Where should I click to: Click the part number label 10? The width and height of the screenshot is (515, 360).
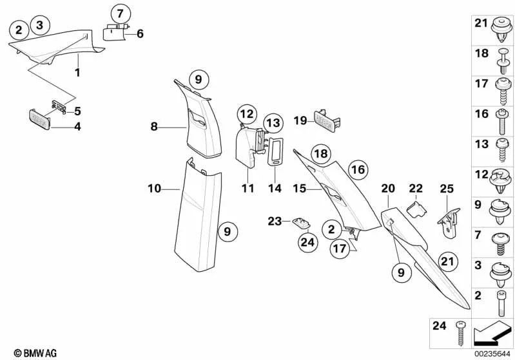click(x=153, y=189)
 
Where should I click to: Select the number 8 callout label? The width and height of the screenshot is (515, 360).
click(x=154, y=128)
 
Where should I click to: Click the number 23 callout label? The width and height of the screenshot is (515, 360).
click(x=275, y=221)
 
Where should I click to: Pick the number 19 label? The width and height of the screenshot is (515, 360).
click(x=300, y=120)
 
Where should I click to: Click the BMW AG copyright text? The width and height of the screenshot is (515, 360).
click(x=30, y=352)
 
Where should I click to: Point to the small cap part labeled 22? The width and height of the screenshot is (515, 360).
click(x=416, y=207)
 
